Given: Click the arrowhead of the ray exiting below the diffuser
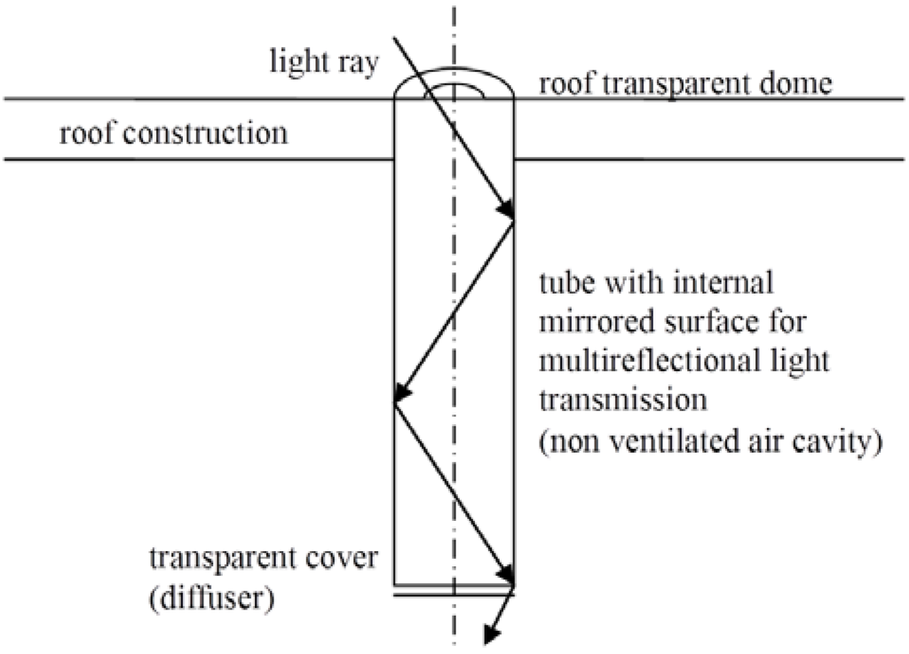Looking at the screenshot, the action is (489, 633).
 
